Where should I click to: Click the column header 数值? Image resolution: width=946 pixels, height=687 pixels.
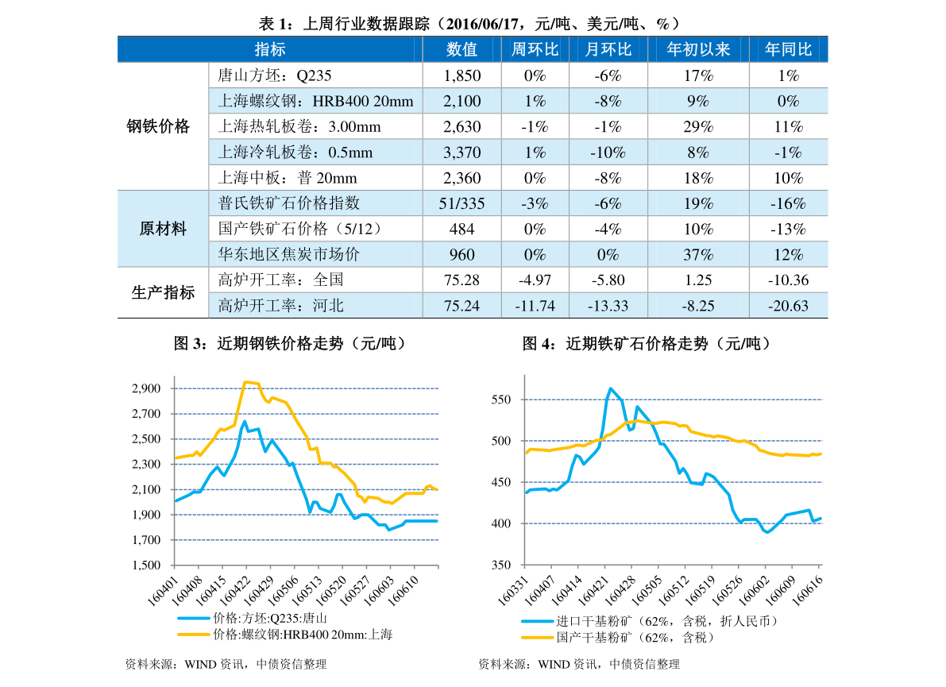[461, 49]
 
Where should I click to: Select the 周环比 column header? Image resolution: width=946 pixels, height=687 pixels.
[535, 49]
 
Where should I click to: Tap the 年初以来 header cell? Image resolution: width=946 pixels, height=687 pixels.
[697, 49]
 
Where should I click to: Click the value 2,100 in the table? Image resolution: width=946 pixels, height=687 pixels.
[461, 101]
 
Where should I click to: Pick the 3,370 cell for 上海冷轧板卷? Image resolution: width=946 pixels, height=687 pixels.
[461, 152]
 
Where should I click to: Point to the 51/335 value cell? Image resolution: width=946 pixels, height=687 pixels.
[461, 203]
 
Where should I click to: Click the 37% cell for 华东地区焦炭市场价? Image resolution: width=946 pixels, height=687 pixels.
[697, 255]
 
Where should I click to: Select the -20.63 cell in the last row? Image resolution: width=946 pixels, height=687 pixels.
[788, 306]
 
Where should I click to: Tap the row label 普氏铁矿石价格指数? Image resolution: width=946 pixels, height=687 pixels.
[289, 203]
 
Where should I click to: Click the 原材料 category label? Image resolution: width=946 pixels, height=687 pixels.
[163, 230]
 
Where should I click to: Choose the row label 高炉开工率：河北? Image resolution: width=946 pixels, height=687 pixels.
[281, 306]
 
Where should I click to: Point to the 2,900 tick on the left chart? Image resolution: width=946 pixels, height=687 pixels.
[146, 388]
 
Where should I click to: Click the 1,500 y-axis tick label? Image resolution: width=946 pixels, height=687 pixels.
[146, 565]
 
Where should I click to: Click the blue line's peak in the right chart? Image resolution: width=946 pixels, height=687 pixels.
[610, 388]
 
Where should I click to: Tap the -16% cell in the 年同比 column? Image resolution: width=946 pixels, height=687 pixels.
[788, 203]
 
